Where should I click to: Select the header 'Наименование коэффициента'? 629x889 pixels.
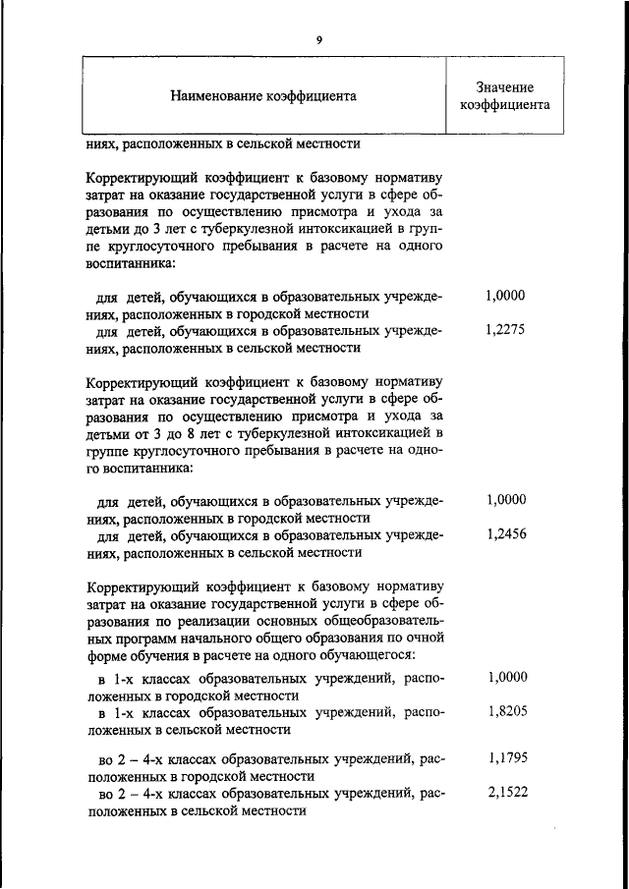point(263,96)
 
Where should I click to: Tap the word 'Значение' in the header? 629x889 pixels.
point(504,87)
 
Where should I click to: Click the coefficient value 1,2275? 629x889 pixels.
point(505,330)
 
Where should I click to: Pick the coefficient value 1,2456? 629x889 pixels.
point(505,535)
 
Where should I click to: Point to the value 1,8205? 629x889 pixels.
point(505,713)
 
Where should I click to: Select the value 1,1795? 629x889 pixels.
point(505,758)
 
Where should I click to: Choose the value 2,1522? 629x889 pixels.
point(505,794)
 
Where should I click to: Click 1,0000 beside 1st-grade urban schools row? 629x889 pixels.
point(505,678)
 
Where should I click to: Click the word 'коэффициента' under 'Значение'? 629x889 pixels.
point(504,105)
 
